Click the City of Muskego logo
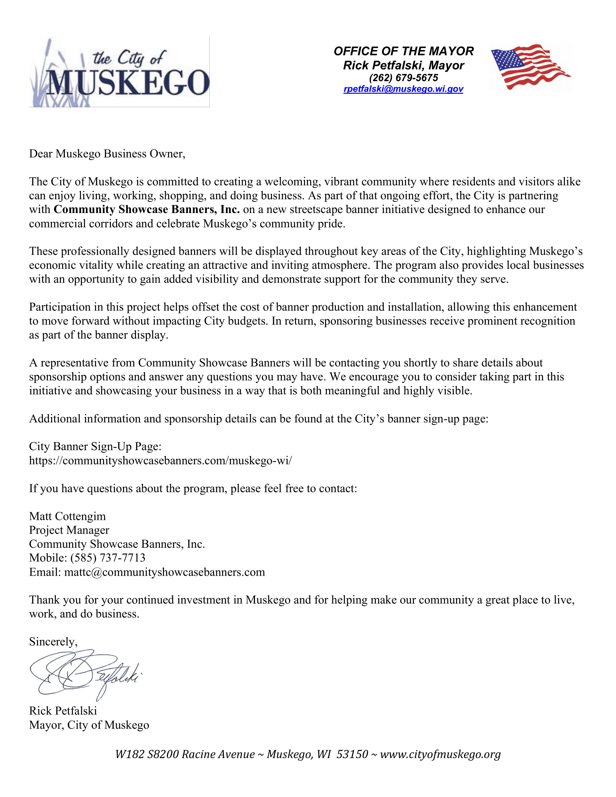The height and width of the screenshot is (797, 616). pos(119,72)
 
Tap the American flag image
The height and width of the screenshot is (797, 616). pos(530,66)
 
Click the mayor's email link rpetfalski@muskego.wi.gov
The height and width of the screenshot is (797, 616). pos(403,89)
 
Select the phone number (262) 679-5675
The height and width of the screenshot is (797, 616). pos(403,78)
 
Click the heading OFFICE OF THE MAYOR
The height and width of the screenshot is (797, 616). pos(403,51)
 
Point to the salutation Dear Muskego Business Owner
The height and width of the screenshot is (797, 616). pos(107,154)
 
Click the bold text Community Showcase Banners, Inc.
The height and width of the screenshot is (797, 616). pos(147,209)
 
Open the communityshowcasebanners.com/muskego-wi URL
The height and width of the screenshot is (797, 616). pos(160,460)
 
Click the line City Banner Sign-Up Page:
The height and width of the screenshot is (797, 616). pos(95,446)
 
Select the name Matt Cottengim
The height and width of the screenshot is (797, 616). pos(67,516)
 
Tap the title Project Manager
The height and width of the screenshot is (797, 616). pos(69,530)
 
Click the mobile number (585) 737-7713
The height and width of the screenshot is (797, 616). pos(108,558)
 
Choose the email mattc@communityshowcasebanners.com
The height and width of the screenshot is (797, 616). pos(164,572)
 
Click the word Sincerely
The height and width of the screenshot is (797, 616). pos(53,642)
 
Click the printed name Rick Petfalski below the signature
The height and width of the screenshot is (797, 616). pos(63,711)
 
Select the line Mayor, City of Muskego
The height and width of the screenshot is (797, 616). pos(89,725)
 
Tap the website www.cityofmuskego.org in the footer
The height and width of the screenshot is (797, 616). pos(440,754)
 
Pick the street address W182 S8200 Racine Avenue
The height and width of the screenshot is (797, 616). pos(185,754)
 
